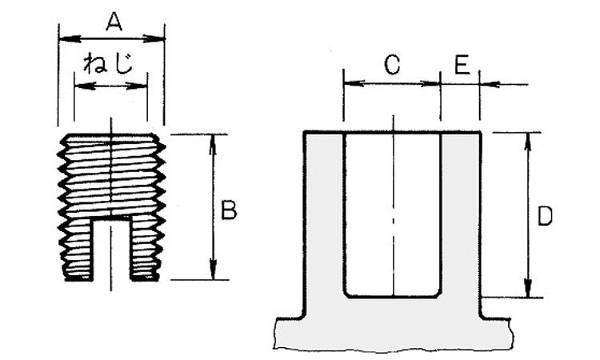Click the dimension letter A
[114, 24]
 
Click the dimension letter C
[391, 66]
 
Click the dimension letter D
[545, 216]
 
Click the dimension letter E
[462, 66]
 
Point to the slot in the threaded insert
[112, 250]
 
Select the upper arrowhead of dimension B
[213, 142]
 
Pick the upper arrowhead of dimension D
[528, 140]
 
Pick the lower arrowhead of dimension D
[528, 290]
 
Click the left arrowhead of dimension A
[65, 37]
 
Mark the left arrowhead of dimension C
[349, 82]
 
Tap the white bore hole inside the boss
[392, 216]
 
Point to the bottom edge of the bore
[392, 297]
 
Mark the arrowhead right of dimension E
[486, 82]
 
